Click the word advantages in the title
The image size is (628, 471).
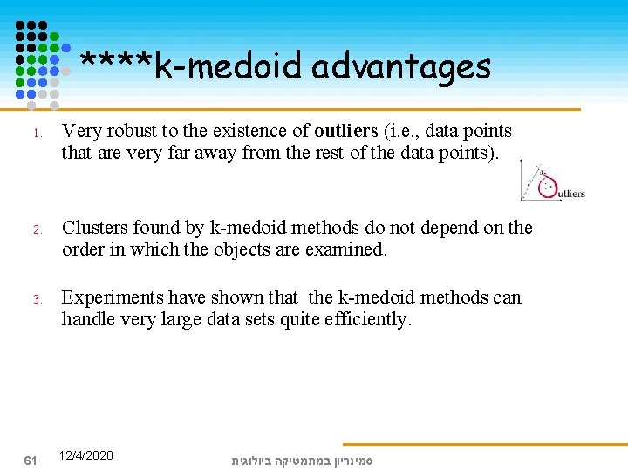pyautogui.click(x=400, y=66)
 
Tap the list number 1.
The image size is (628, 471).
pyautogui.click(x=37, y=134)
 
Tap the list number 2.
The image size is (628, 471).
pyautogui.click(x=37, y=231)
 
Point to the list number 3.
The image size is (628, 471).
pyautogui.click(x=37, y=301)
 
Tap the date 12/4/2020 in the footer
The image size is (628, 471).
pyautogui.click(x=85, y=455)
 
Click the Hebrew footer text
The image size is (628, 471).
pyautogui.click(x=302, y=460)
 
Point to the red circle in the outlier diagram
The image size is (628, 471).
pyautogui.click(x=549, y=187)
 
